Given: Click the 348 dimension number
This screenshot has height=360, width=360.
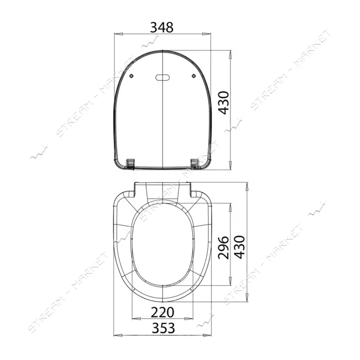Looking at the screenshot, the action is (161, 28).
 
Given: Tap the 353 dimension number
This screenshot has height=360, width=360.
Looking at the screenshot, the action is (164, 328).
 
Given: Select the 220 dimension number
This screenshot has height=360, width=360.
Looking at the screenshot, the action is (163, 312).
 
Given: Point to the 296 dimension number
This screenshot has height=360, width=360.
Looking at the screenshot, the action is (223, 247).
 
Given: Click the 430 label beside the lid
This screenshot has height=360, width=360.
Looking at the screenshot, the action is (224, 103).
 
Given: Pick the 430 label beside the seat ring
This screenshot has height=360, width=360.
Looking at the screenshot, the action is (240, 247).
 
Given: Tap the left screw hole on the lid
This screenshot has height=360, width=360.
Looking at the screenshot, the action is (131, 76).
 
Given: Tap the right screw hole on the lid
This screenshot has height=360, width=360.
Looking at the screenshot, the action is (194, 76).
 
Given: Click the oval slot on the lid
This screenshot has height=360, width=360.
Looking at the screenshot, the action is (163, 78).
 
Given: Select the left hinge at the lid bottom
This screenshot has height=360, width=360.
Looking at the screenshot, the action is (130, 164).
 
